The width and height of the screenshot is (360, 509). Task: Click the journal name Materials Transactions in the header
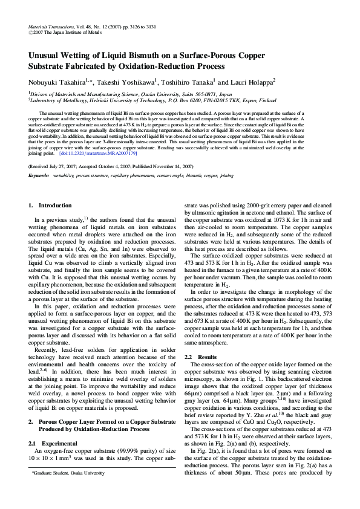50,28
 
